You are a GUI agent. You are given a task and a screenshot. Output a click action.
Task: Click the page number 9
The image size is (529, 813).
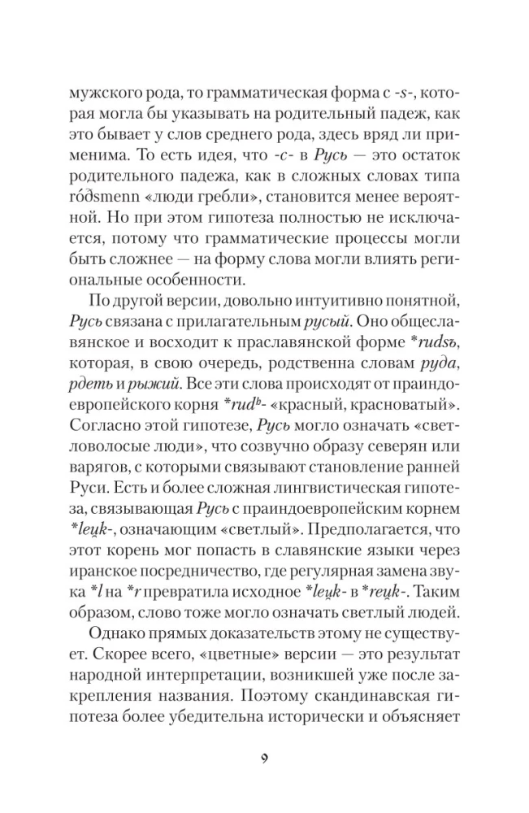click(264, 760)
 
